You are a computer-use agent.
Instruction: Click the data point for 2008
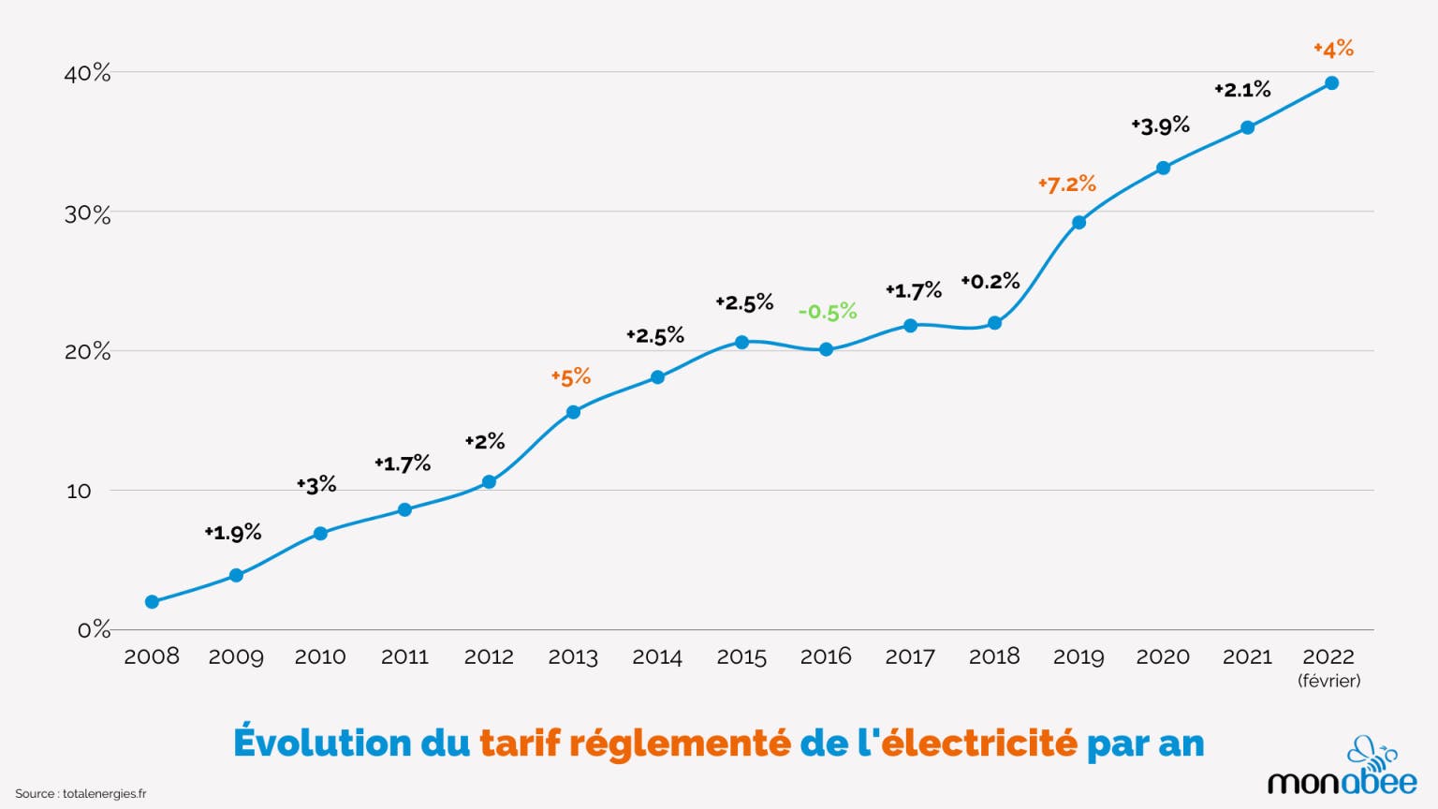coord(152,601)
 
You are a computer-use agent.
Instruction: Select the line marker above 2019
coord(1078,223)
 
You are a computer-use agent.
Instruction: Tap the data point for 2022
coord(1331,83)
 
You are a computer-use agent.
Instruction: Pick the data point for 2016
coord(826,349)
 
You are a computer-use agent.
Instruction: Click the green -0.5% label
coord(828,312)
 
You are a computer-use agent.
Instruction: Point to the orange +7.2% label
coord(1067,184)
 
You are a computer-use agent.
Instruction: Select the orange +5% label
coord(571,377)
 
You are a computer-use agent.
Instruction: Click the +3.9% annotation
coord(1161,125)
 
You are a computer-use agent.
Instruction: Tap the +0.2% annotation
coord(990,281)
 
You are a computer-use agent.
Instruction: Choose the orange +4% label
coord(1334,48)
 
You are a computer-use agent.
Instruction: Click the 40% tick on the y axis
coord(87,73)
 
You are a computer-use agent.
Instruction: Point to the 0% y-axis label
coord(94,629)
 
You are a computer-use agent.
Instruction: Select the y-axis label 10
coord(79,491)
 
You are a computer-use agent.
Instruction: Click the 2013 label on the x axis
coord(573,656)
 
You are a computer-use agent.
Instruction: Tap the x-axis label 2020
coord(1163,656)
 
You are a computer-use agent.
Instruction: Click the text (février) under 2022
coord(1329,681)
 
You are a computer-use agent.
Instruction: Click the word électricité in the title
coord(979,743)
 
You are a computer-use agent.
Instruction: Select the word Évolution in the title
coord(322,743)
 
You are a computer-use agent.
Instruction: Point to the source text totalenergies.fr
coord(104,794)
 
